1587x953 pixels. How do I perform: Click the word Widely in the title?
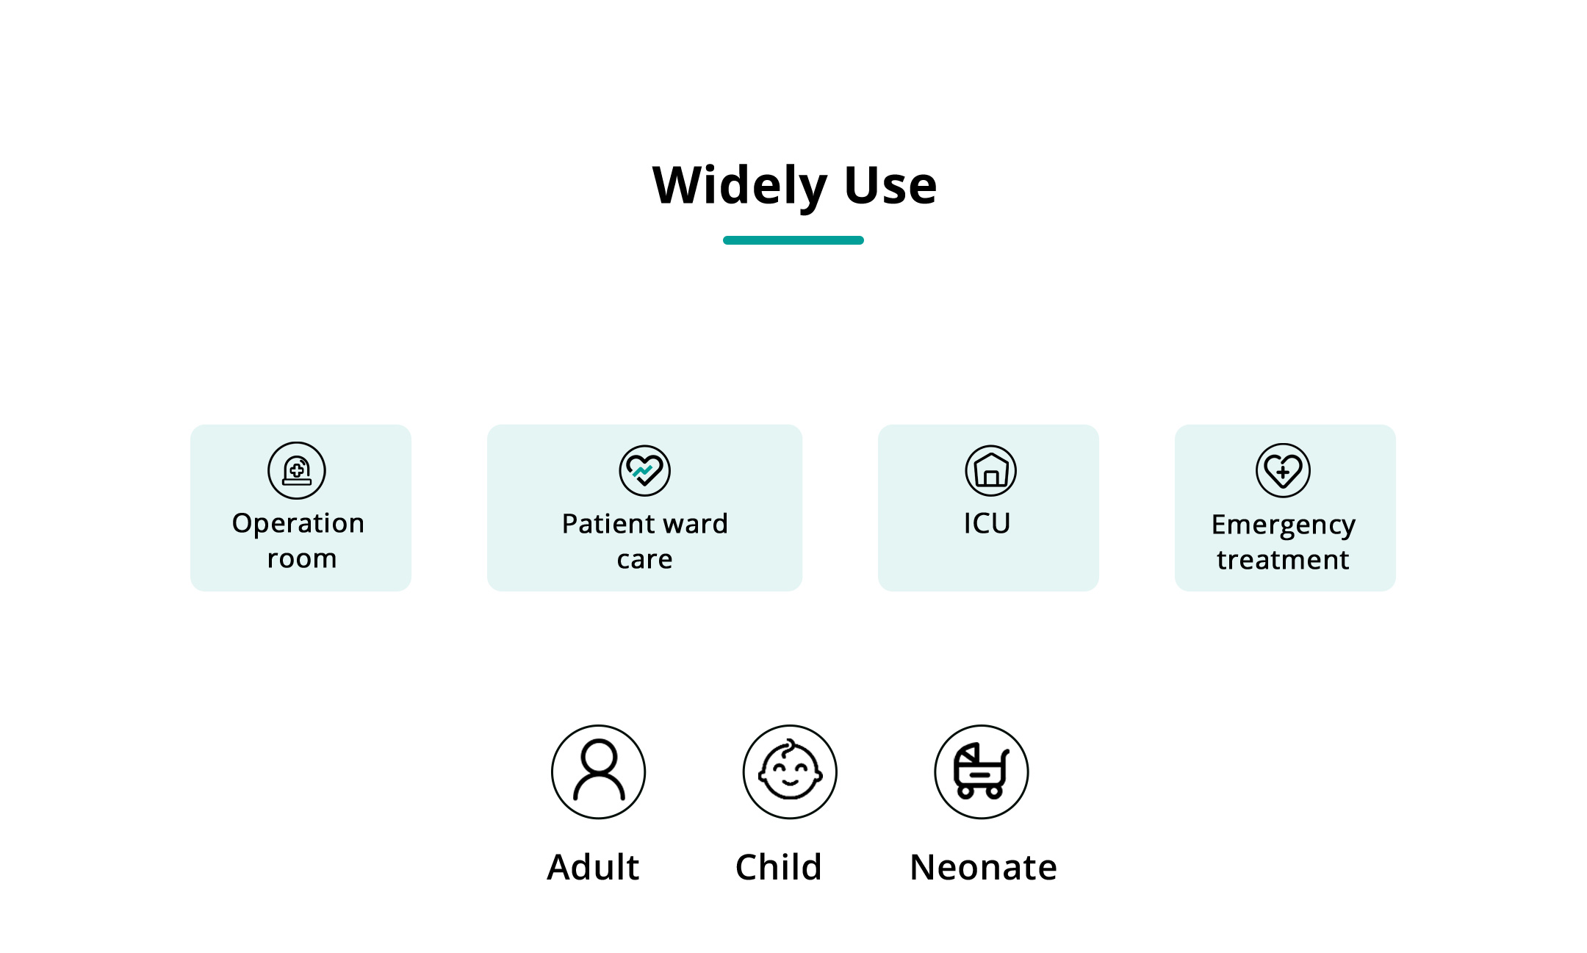point(740,185)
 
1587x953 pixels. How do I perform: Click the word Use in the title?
point(890,185)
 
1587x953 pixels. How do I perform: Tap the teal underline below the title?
point(794,240)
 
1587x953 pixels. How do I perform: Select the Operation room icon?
point(297,470)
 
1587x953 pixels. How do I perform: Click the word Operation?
point(298,524)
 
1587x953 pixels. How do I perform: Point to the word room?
point(302,559)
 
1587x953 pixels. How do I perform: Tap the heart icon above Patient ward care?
point(645,470)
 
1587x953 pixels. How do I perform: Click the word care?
point(644,560)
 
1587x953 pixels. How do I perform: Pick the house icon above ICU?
point(991,470)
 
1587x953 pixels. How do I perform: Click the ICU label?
point(987,523)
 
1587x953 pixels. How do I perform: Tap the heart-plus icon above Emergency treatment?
point(1284,470)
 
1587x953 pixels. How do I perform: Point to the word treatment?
point(1283,560)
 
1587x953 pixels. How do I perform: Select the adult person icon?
point(599,772)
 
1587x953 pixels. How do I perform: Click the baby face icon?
point(791,772)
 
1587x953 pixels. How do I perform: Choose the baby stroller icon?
point(982,772)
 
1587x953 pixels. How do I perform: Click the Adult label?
point(594,867)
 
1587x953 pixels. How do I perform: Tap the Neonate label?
point(984,868)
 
